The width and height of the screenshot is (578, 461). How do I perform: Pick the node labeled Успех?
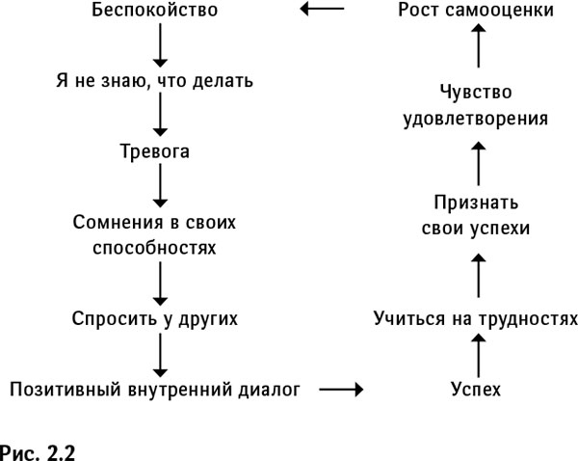point(476,389)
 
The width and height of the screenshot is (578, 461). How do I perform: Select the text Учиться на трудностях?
point(476,317)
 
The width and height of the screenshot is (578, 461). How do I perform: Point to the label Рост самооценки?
point(476,13)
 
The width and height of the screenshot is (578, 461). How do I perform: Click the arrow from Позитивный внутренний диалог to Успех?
point(340,389)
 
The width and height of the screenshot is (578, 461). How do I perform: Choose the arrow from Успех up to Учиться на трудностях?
point(476,353)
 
